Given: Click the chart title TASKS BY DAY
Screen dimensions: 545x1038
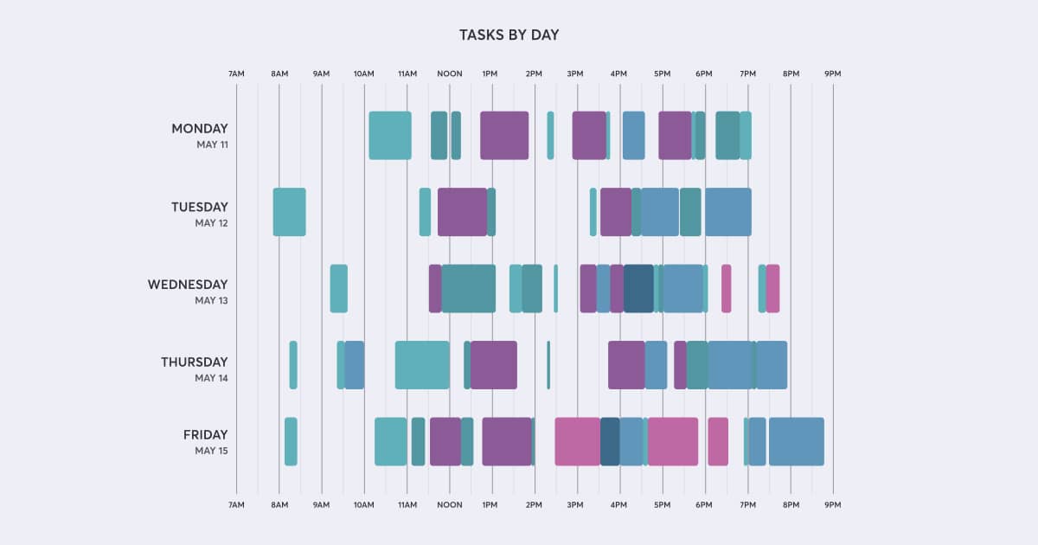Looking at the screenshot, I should pyautogui.click(x=509, y=35).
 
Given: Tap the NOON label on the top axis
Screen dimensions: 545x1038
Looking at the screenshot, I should pyautogui.click(x=449, y=74).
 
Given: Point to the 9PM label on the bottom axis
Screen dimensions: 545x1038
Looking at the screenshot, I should pyautogui.click(x=832, y=504).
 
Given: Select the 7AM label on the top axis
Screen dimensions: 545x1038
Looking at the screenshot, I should pyautogui.click(x=236, y=74).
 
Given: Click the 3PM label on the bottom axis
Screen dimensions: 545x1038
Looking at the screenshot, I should pyautogui.click(x=575, y=504).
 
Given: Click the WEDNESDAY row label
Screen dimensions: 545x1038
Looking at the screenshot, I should pyautogui.click(x=188, y=285).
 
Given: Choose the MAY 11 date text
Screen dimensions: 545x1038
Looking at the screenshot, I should pyautogui.click(x=212, y=145).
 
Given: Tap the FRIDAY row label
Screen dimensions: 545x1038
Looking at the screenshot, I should pyautogui.click(x=205, y=435).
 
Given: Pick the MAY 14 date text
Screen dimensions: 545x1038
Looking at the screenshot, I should pyautogui.click(x=211, y=378).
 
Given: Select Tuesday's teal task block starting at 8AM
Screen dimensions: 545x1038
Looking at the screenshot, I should pyautogui.click(x=289, y=212).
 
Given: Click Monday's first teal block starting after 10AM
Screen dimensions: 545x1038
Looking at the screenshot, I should pyautogui.click(x=389, y=136).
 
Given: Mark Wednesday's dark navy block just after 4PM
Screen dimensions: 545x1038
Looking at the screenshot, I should pyautogui.click(x=638, y=289).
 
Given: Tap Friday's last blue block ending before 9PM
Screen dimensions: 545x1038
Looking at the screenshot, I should pyautogui.click(x=796, y=441).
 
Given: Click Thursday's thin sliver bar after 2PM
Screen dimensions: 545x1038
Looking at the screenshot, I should pyautogui.click(x=548, y=365).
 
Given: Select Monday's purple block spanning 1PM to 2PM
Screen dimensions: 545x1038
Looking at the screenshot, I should pyautogui.click(x=504, y=136).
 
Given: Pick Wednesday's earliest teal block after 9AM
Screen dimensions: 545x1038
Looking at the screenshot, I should pyautogui.click(x=338, y=289).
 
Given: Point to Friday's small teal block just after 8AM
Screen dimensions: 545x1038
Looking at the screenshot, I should pyautogui.click(x=291, y=441).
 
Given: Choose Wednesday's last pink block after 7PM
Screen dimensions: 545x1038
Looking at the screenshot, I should pyautogui.click(x=772, y=289).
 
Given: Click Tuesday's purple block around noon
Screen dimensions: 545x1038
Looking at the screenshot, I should pyautogui.click(x=462, y=212).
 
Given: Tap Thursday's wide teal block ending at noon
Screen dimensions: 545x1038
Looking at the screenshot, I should pyautogui.click(x=422, y=365).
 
